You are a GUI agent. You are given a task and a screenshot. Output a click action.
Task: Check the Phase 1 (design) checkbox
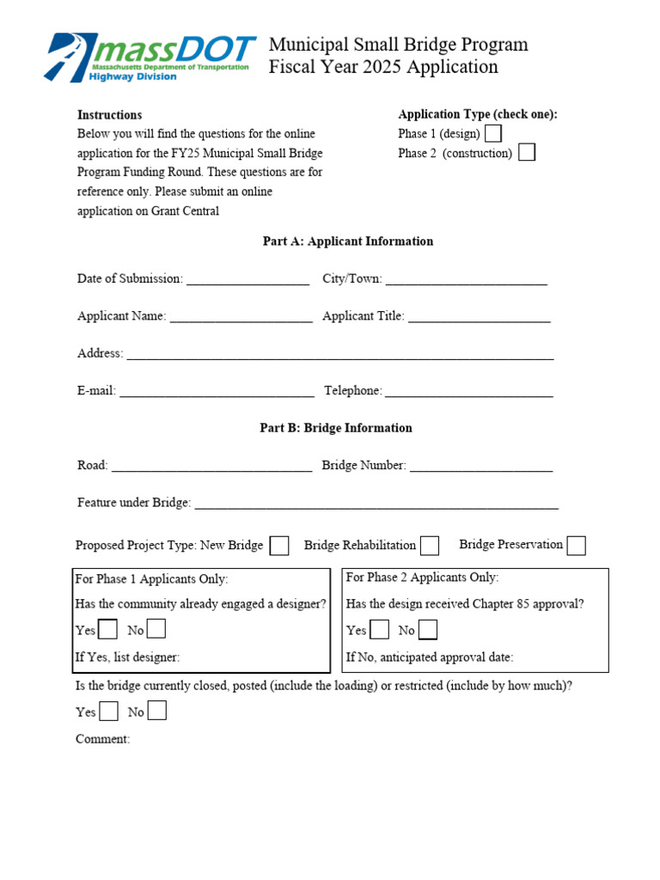tap(493, 133)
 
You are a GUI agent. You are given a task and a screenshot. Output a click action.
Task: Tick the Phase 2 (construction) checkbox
tap(527, 153)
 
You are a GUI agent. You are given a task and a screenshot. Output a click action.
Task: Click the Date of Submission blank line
tap(247, 280)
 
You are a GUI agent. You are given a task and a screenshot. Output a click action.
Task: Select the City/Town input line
tap(466, 280)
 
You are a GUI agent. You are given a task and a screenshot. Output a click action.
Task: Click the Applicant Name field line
tap(241, 318)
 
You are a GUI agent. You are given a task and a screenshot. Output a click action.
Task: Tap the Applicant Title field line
tap(479, 318)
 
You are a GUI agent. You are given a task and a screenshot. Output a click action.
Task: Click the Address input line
tap(339, 355)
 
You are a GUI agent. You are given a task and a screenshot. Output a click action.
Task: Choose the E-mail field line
tap(217, 393)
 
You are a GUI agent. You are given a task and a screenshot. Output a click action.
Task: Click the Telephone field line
tap(468, 393)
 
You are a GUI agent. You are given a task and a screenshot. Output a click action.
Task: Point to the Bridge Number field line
tap(480, 467)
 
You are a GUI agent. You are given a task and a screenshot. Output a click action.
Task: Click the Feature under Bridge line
tap(376, 504)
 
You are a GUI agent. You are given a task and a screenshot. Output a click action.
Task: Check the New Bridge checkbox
tap(279, 546)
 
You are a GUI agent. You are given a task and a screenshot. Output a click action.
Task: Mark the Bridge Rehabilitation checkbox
tap(430, 546)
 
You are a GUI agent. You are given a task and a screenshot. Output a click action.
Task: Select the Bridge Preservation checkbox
tap(577, 546)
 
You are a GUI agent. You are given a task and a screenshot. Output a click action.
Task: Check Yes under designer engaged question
tap(107, 630)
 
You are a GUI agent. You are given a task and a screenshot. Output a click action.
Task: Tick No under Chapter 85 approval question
tap(427, 630)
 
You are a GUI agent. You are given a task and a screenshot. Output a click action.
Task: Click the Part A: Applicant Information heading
tap(347, 241)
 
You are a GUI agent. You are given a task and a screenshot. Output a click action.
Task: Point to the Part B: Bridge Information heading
tap(336, 428)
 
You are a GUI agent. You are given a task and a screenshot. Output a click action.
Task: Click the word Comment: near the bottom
tap(103, 739)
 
